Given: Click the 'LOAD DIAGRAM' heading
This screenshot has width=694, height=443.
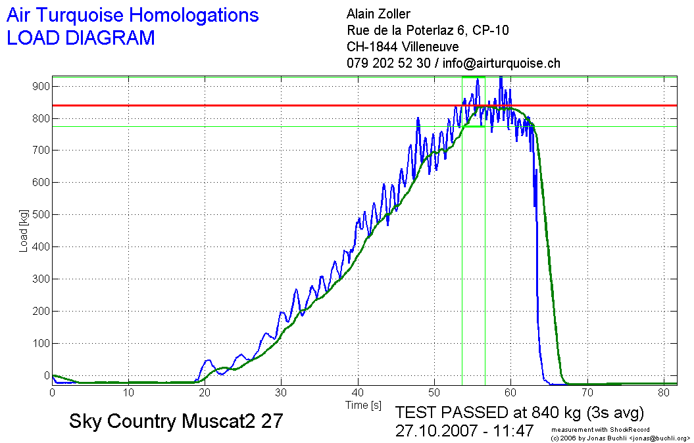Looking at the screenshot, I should coord(80,38).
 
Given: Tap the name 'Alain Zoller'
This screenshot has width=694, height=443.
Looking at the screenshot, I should coord(378,14).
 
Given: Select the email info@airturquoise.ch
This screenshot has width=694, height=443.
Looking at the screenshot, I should coord(501,64).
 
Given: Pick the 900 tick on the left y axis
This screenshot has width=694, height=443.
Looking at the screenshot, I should coord(42,86).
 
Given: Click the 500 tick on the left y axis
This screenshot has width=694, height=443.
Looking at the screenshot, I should coord(42,215).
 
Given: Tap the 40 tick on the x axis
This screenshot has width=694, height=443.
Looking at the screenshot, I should coord(358,392).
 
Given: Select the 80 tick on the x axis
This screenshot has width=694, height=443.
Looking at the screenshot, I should coord(663,392).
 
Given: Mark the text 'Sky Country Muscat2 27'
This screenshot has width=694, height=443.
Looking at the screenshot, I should coord(176,421).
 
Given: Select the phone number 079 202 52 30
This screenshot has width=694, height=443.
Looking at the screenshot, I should coord(388,64).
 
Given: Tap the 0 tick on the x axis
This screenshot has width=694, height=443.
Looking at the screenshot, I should coord(53,392).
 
